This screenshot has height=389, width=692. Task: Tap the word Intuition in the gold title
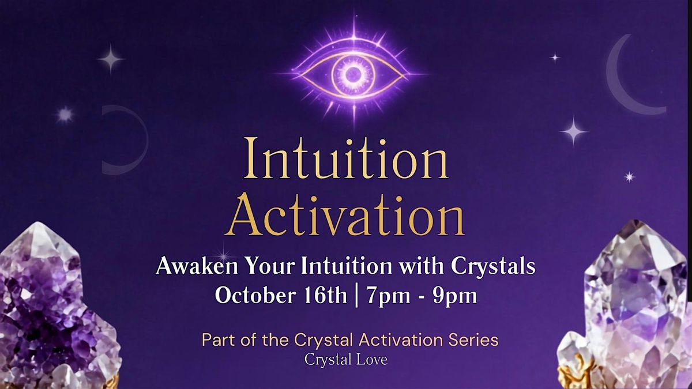346,158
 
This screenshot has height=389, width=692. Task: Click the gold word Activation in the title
345,215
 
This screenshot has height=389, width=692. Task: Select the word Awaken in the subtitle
197,266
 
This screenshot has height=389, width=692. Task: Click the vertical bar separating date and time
357,296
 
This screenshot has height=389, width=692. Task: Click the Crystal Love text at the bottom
345,360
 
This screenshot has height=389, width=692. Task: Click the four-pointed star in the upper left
110,59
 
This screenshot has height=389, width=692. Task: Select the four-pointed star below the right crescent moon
574,131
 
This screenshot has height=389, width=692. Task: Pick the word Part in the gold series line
214,340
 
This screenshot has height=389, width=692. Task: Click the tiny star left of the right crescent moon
555,58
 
